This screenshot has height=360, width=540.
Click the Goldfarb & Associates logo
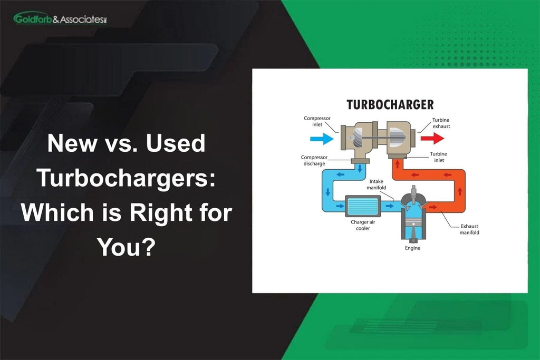pyautogui.click(x=60, y=19)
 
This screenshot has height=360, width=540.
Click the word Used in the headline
pyautogui.click(x=176, y=144)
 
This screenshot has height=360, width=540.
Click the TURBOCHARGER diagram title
pyautogui.click(x=390, y=104)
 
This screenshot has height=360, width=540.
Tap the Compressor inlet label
pyautogui.click(x=317, y=121)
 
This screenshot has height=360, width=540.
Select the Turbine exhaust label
pyautogui.click(x=441, y=123)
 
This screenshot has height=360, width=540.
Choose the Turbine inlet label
pyautogui.click(x=438, y=157)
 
